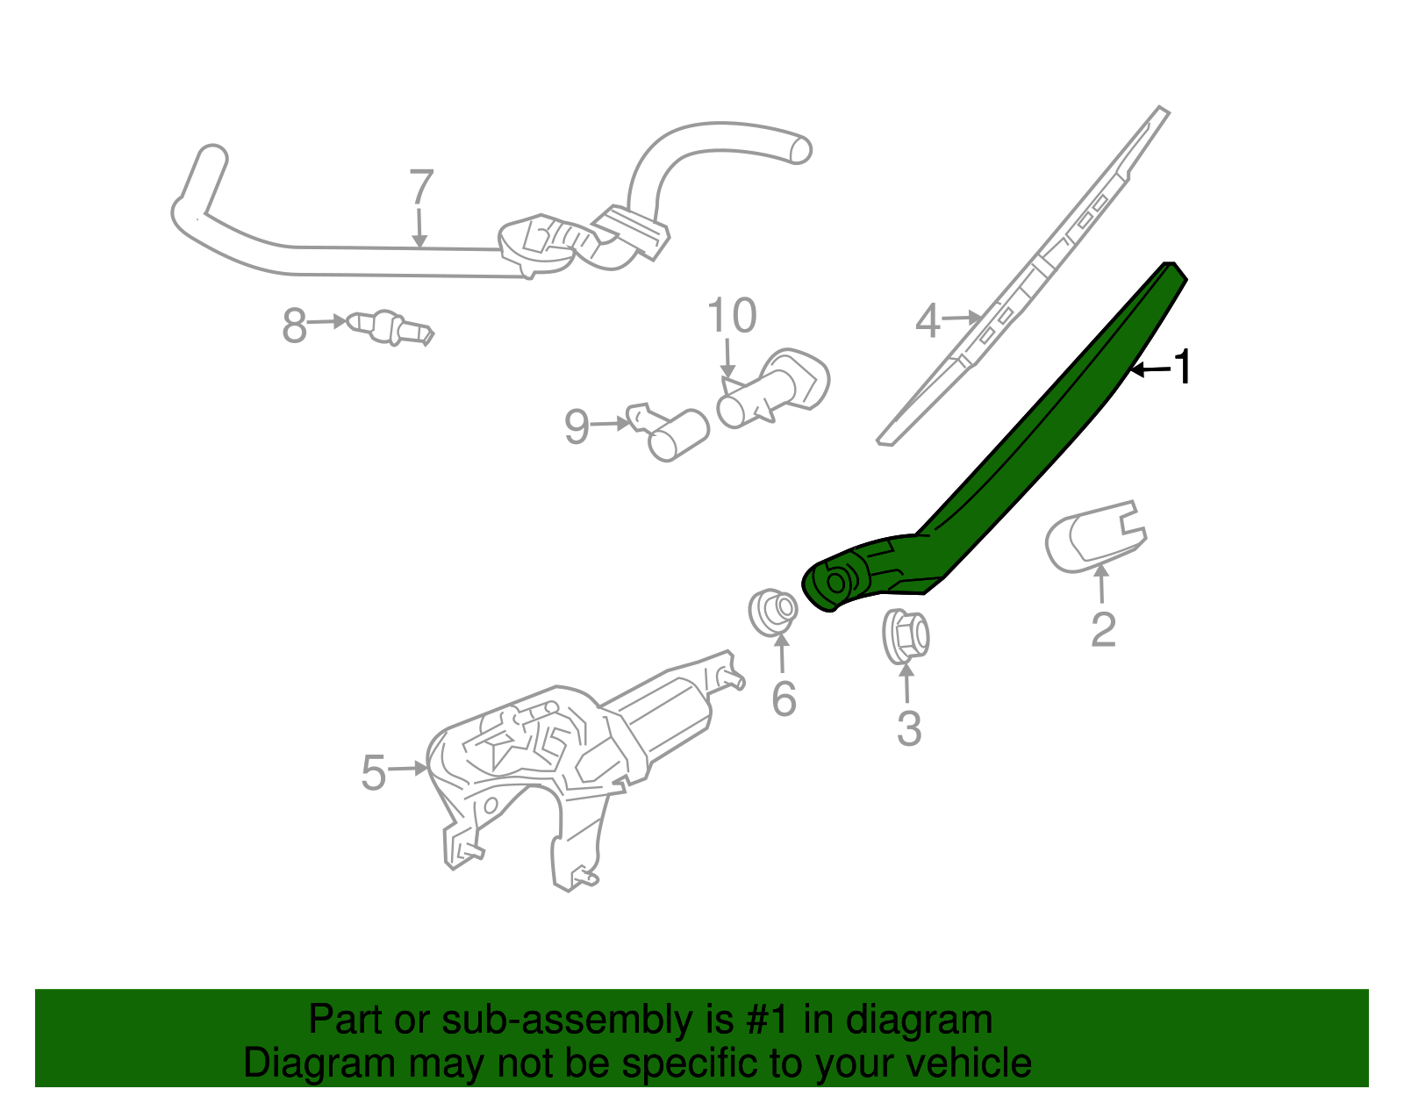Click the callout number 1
(x=1184, y=367)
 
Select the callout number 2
(x=1103, y=629)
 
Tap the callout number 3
(x=909, y=728)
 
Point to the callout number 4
(x=927, y=321)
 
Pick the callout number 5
(x=374, y=773)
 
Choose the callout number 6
(x=784, y=698)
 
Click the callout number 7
(x=422, y=187)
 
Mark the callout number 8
(x=294, y=326)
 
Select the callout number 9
(x=577, y=427)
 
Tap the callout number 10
(x=731, y=316)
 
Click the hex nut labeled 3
(x=906, y=635)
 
